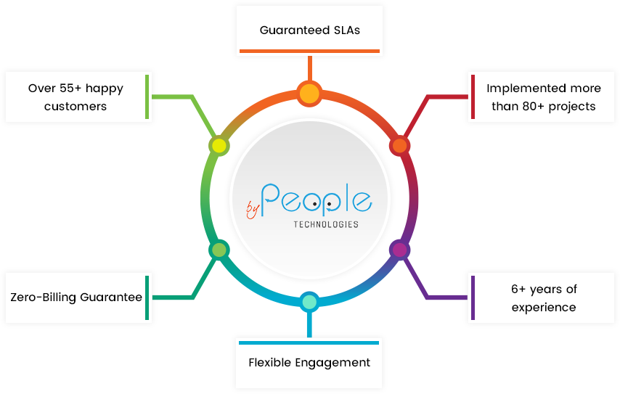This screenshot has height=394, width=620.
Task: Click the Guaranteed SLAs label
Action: (x=310, y=30)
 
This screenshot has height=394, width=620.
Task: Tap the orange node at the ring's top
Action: (x=309, y=93)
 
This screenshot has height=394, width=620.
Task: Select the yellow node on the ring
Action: (x=219, y=146)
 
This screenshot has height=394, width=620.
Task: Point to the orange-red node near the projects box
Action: (x=399, y=146)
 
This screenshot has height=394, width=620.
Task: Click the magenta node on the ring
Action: (x=399, y=250)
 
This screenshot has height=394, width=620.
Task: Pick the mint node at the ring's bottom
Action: (x=309, y=301)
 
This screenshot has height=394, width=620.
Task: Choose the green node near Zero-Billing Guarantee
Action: (x=219, y=250)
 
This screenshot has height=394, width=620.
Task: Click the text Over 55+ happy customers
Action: (x=76, y=97)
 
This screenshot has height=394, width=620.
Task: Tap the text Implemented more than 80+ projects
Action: (x=544, y=97)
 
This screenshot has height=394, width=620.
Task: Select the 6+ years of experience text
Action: (x=544, y=297)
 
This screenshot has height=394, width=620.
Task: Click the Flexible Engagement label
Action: (x=309, y=362)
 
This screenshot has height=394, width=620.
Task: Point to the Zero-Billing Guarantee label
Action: (x=76, y=297)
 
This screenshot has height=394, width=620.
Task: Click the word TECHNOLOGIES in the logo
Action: (x=326, y=224)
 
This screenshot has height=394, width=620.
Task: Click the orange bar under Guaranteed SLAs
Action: (x=309, y=52)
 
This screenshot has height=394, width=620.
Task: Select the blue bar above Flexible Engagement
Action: (x=309, y=342)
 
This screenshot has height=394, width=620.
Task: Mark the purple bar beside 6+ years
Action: (x=473, y=297)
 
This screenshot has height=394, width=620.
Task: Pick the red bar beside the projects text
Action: (x=473, y=97)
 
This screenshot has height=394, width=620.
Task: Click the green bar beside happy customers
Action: (x=147, y=97)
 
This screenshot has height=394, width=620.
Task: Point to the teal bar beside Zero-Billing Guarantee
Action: (x=147, y=297)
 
